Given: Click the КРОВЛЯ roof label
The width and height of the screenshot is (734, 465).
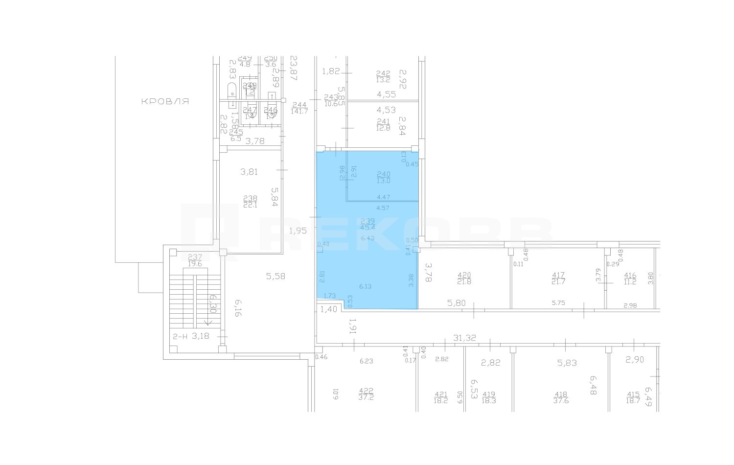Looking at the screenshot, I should click(165, 102).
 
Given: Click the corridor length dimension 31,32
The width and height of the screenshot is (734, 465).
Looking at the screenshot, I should click(465, 338).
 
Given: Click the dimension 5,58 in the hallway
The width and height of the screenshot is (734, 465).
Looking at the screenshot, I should click(275, 277).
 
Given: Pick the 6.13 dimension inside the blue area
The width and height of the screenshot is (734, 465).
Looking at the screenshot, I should click(365, 286).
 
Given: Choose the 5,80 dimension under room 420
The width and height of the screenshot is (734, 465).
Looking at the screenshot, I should click(456, 303).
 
